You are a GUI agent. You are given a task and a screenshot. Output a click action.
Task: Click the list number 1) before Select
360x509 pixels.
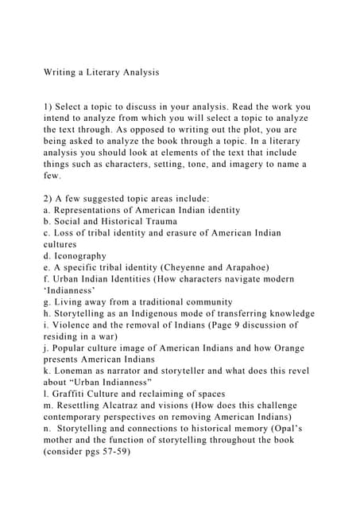(48, 106)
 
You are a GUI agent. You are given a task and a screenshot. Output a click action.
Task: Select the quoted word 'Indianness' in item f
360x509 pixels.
(69, 290)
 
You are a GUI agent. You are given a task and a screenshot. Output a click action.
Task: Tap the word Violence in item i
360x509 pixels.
(71, 324)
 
